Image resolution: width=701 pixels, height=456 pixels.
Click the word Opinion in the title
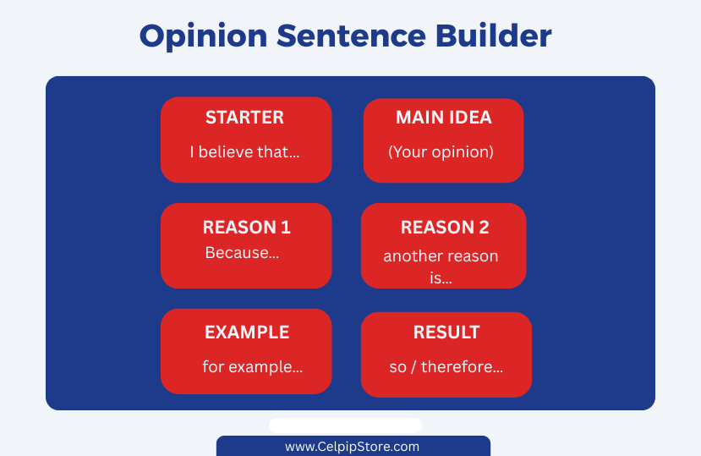(204, 36)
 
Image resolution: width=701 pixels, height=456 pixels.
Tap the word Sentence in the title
(352, 36)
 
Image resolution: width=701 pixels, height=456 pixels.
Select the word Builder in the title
(494, 36)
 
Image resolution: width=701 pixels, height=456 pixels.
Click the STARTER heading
(244, 118)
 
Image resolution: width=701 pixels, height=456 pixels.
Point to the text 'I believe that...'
(244, 152)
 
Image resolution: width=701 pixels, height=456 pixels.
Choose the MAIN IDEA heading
(443, 118)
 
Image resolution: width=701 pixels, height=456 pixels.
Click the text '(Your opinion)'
(441, 152)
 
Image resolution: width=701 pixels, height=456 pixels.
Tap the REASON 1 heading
(246, 228)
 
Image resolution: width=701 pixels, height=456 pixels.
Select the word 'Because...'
(242, 253)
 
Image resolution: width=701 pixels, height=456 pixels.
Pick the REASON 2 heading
(445, 228)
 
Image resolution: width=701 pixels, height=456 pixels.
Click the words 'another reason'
(441, 256)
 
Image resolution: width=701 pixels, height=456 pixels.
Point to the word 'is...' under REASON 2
(441, 278)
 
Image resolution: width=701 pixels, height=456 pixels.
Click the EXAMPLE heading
(247, 332)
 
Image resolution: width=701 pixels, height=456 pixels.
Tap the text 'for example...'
(253, 367)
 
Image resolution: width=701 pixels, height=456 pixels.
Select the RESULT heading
(446, 332)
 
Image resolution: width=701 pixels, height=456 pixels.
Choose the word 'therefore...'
(462, 367)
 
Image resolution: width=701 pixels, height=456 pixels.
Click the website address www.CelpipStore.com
(353, 447)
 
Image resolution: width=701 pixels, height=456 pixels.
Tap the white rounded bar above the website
(345, 426)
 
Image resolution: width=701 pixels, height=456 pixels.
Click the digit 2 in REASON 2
(484, 228)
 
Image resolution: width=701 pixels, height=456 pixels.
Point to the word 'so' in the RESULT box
(397, 368)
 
